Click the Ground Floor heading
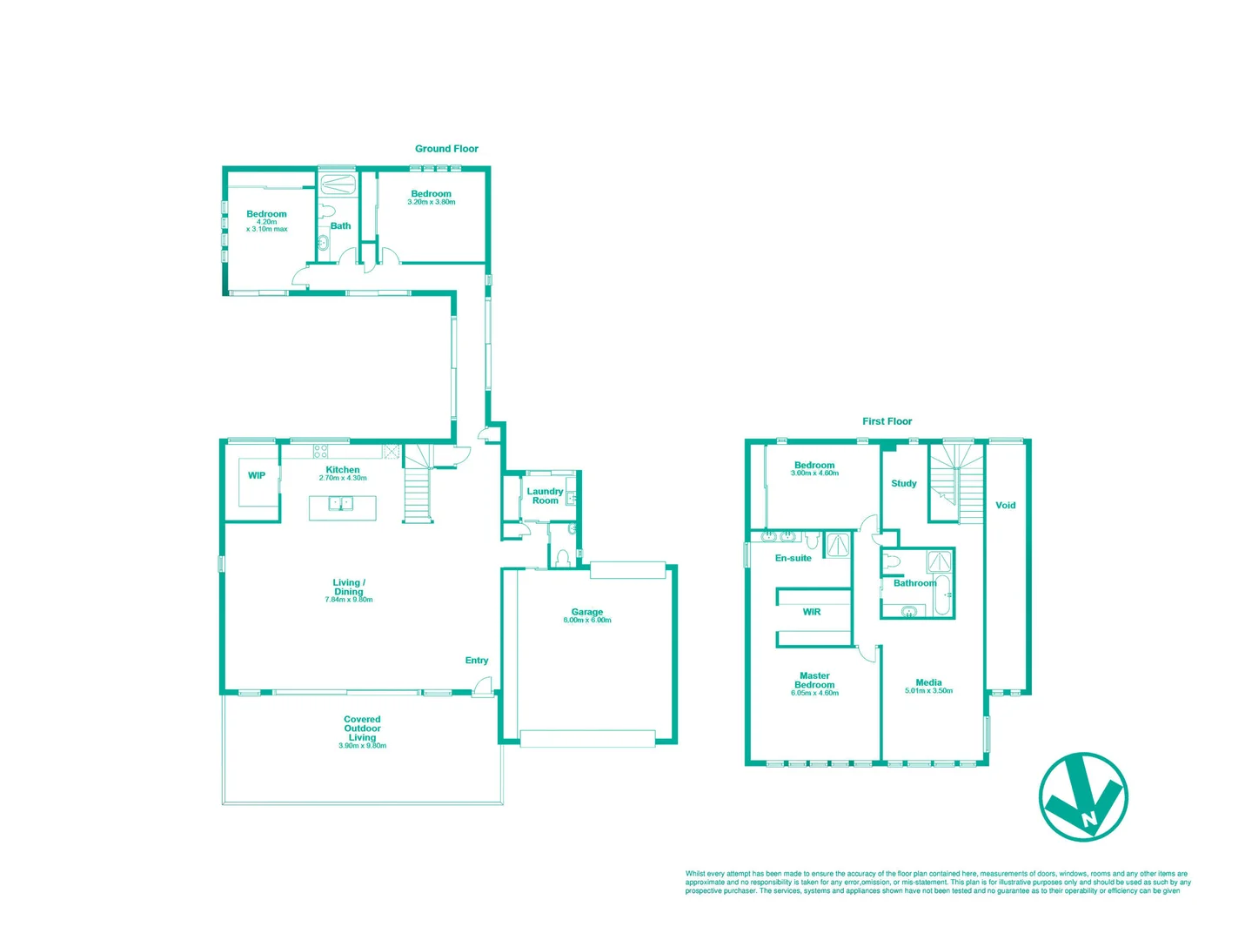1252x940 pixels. tap(446, 149)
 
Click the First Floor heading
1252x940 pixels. tap(887, 421)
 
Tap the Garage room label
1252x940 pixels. tap(587, 612)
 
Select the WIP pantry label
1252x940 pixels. tap(257, 475)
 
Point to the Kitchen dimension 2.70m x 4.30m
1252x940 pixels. tap(343, 478)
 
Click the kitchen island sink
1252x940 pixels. tap(342, 504)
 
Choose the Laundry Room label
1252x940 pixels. tap(545, 496)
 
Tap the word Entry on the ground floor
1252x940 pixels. tap(477, 661)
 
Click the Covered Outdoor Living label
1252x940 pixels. tap(362, 728)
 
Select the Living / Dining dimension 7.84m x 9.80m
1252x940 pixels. tap(349, 600)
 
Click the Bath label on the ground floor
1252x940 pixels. tap(340, 226)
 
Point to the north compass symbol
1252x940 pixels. tap(1083, 796)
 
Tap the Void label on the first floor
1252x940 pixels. tap(1005, 505)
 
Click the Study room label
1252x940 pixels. tap(904, 483)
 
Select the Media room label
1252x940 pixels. tap(928, 682)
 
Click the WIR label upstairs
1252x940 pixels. tap(812, 612)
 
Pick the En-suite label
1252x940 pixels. tap(793, 558)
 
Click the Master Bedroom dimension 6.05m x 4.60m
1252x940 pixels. tap(815, 693)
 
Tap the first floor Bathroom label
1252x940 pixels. tap(914, 583)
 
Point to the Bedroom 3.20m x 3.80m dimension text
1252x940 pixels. tap(432, 202)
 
